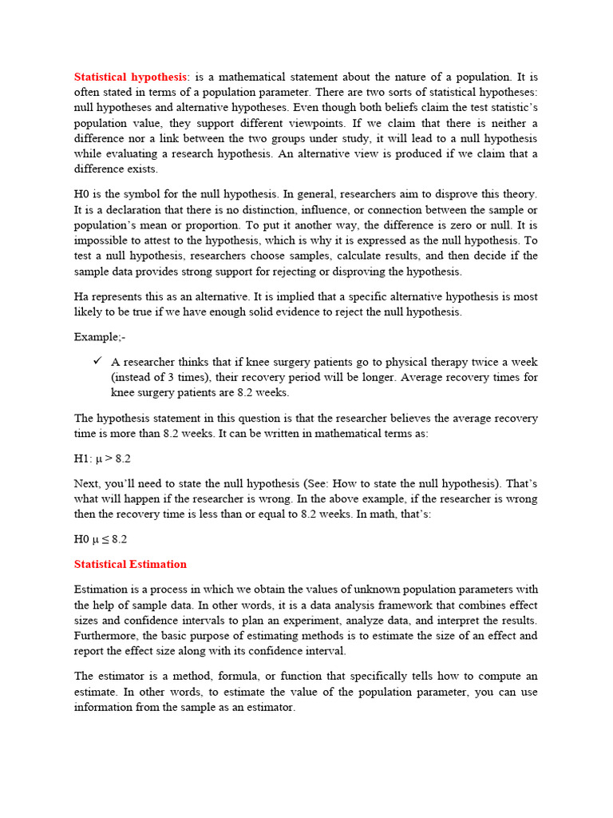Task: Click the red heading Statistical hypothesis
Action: coord(131,77)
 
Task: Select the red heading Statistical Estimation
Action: coord(130,564)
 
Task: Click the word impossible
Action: coord(102,240)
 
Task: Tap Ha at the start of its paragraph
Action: coord(81,296)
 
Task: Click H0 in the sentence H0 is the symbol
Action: coord(82,194)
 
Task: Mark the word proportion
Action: coord(205,225)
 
